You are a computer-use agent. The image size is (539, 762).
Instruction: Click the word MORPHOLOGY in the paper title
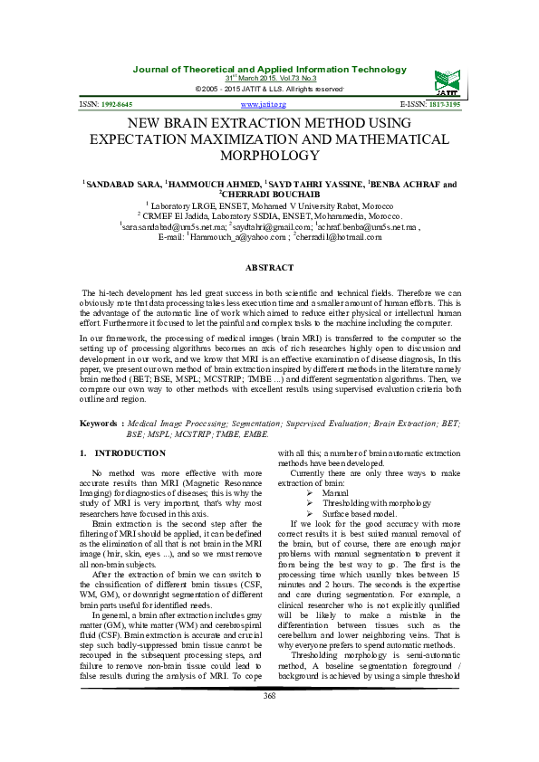coord(269,157)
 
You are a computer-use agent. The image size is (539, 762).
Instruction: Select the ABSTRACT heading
coord(269,268)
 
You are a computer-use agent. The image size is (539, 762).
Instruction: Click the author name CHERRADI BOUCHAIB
coord(271,193)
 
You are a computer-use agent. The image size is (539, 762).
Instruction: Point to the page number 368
coord(269,720)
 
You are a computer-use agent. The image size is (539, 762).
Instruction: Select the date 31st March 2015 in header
coord(270,79)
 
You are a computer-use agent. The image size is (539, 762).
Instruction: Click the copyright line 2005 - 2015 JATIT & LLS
coord(270,89)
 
